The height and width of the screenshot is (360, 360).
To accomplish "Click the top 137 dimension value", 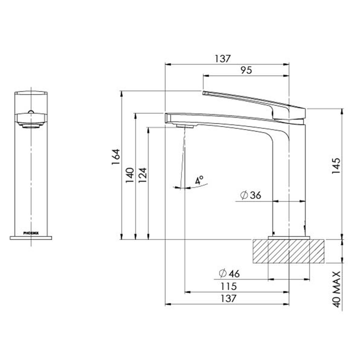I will point(223,58).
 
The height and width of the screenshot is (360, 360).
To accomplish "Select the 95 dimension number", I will point(245,70).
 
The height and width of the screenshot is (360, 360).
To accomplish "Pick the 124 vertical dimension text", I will point(142,177).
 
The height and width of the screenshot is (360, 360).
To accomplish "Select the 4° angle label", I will point(199,180).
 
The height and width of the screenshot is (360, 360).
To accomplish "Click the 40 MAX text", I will point(335,289).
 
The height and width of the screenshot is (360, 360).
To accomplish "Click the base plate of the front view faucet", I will point(31,237).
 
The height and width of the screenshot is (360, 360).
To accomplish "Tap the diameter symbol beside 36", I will point(243,195).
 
